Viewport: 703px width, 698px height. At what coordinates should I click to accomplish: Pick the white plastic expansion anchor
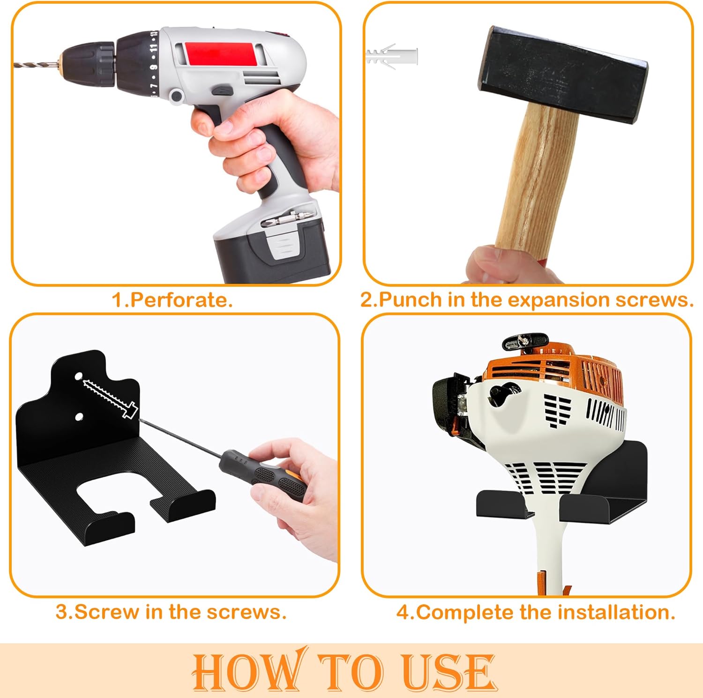pyautogui.click(x=391, y=57)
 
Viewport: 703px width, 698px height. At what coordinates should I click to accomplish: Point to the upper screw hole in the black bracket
pyautogui.click(x=79, y=376)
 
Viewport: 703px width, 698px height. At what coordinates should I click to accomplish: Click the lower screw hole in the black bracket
pyautogui.click(x=79, y=416)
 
